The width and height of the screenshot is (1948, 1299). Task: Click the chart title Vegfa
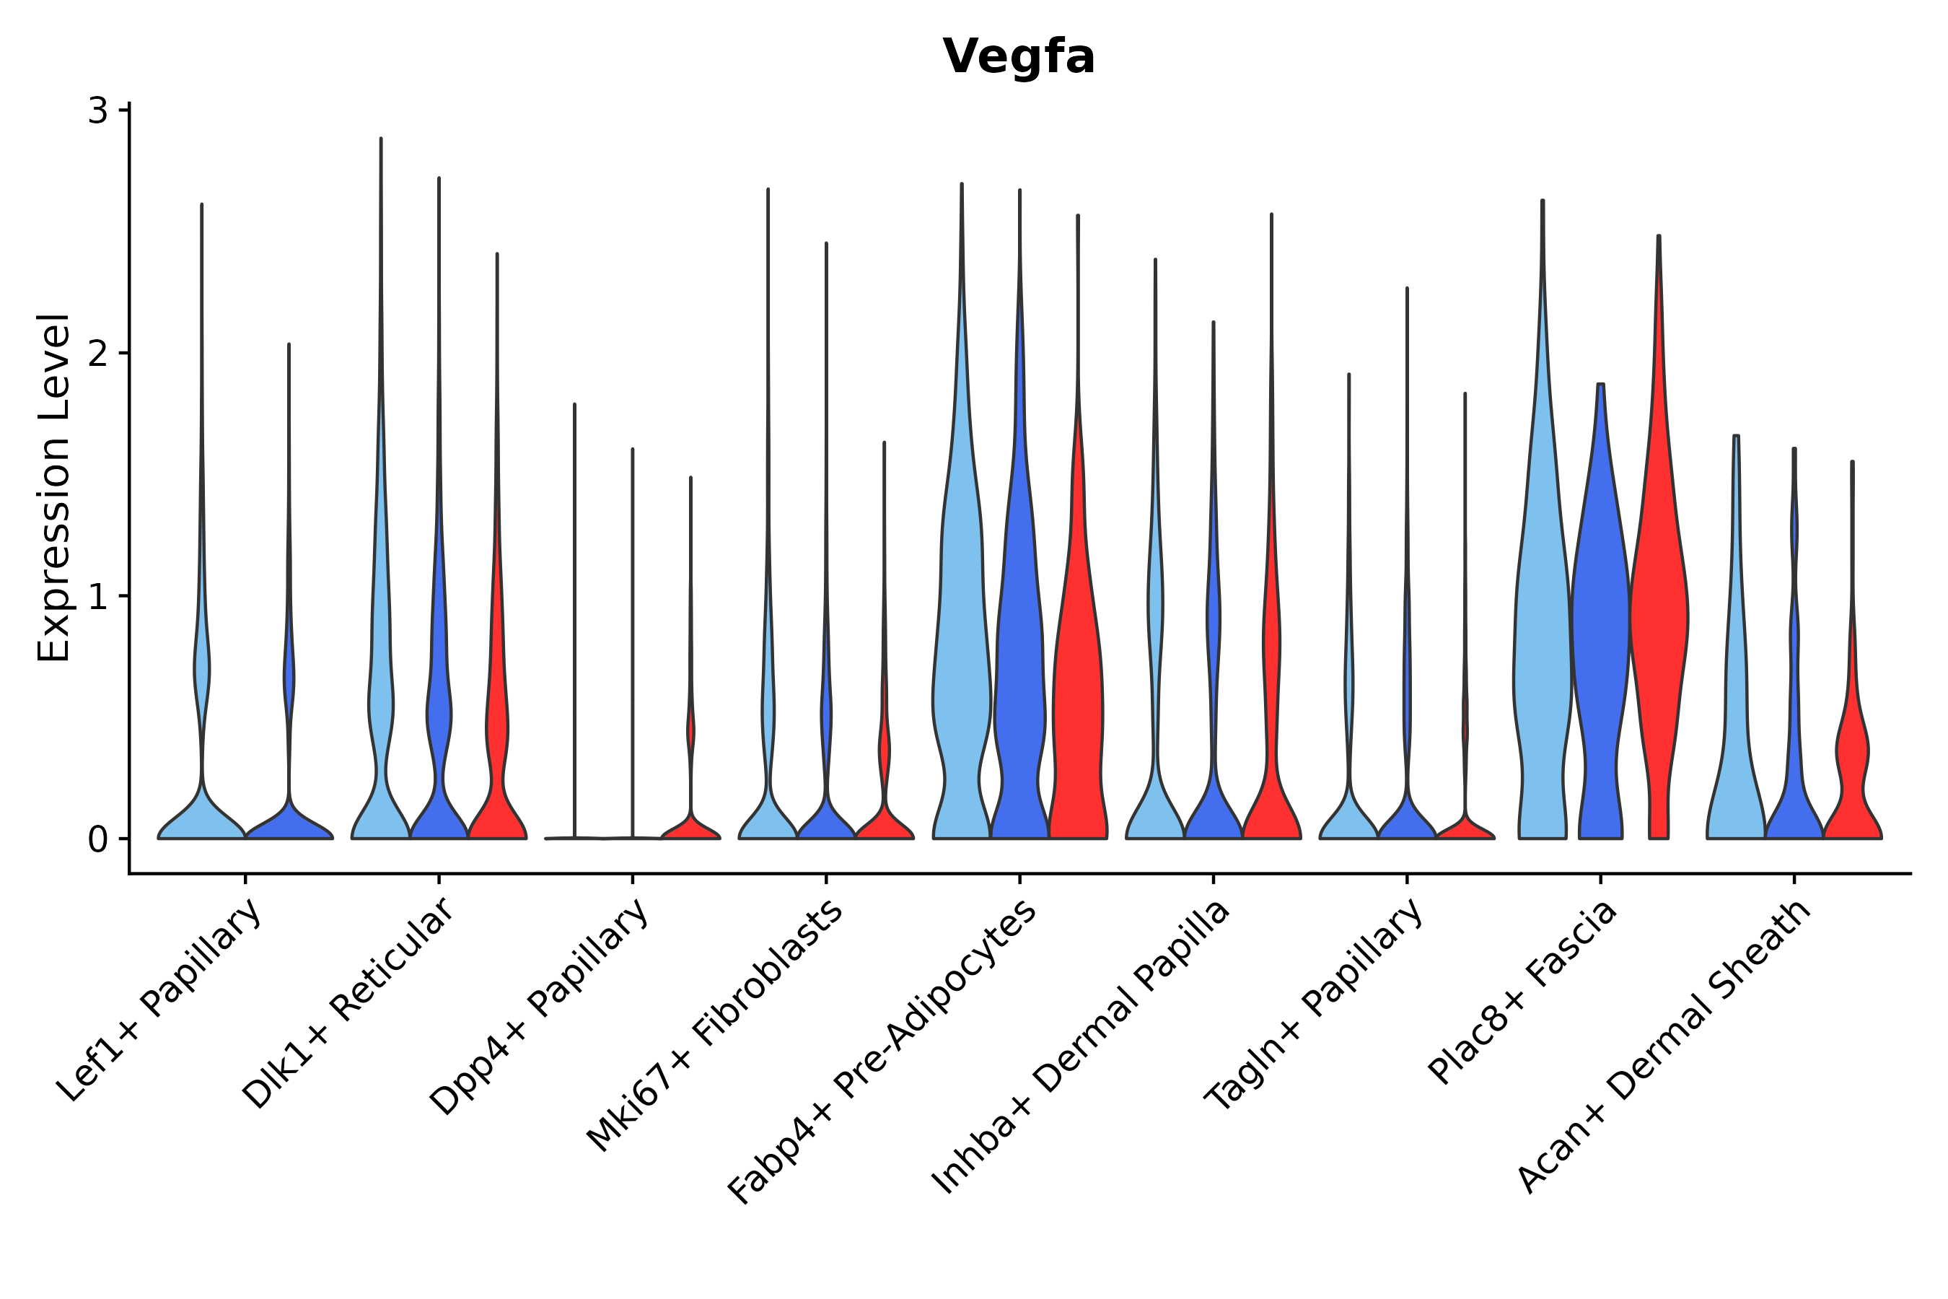(1018, 57)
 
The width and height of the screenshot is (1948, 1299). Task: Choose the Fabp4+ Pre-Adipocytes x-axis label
(883, 1052)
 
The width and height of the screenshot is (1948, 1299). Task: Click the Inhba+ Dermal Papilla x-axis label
(1081, 1047)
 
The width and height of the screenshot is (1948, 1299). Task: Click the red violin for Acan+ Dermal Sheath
(1852, 762)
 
